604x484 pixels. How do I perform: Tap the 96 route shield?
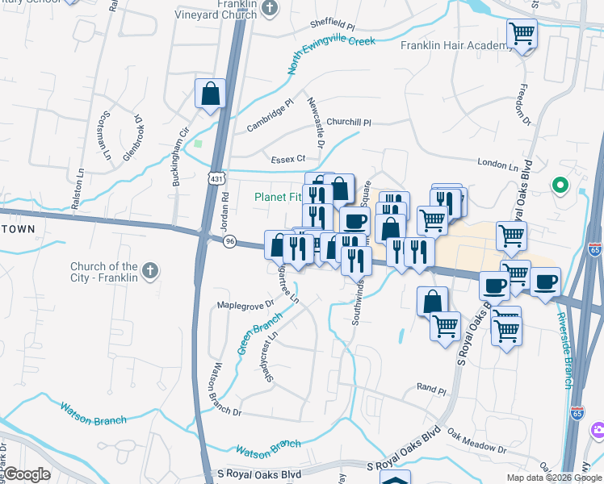coord(230,241)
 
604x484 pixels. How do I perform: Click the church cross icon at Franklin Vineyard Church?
coord(271,9)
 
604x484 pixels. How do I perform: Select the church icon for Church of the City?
coord(149,269)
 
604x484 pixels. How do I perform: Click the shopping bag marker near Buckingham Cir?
coord(210,94)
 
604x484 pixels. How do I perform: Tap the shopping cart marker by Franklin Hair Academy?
coord(522,35)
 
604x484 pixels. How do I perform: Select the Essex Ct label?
coord(288,159)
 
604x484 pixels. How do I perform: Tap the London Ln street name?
coord(497,165)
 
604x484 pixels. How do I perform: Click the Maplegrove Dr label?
coord(245,306)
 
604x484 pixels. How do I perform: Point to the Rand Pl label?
coord(431,388)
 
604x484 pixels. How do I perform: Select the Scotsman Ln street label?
coord(105,136)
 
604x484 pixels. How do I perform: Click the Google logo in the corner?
coord(27,474)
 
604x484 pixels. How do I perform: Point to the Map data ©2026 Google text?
coord(553,478)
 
